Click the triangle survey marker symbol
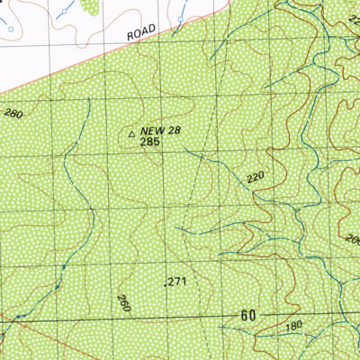click(x=133, y=133)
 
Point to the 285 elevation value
click(x=150, y=144)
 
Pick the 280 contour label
click(x=13, y=113)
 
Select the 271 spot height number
click(x=176, y=282)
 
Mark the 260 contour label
click(x=123, y=303)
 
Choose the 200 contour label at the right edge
click(x=351, y=239)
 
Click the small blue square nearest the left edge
click(x=12, y=28)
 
